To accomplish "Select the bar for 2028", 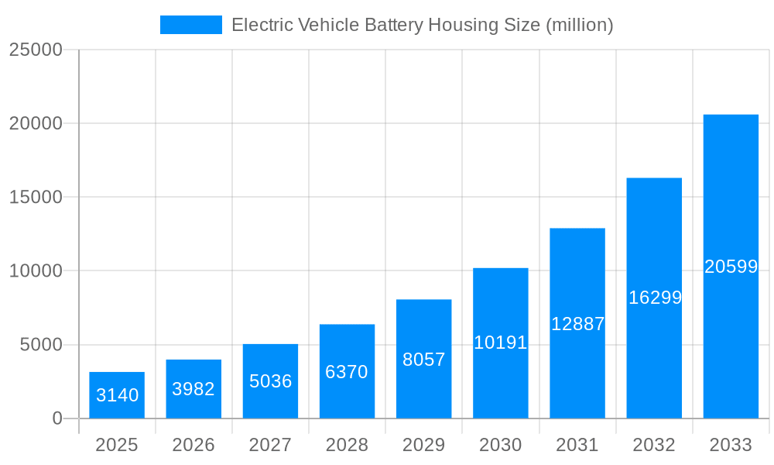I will coord(347,371).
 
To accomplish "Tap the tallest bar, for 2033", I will coord(731,267).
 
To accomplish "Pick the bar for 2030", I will coord(501,343).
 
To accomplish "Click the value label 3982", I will coord(193,389).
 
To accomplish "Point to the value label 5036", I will coord(270,381).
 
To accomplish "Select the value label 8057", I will coord(424,360).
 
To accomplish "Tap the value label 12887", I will coord(577,324).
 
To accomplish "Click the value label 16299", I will coord(654,298).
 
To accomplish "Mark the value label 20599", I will coord(731,267).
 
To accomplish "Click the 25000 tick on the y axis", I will coord(36,50).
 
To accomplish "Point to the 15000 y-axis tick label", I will coord(36,197).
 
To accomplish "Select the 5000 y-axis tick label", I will coord(40,345).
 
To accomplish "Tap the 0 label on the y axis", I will coord(57,418).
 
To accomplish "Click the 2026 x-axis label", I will coord(193,445).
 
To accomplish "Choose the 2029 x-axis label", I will coord(424,445).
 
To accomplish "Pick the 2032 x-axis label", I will coord(654,445).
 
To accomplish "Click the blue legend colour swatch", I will coord(191,25).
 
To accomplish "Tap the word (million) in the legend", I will coord(579,25).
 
